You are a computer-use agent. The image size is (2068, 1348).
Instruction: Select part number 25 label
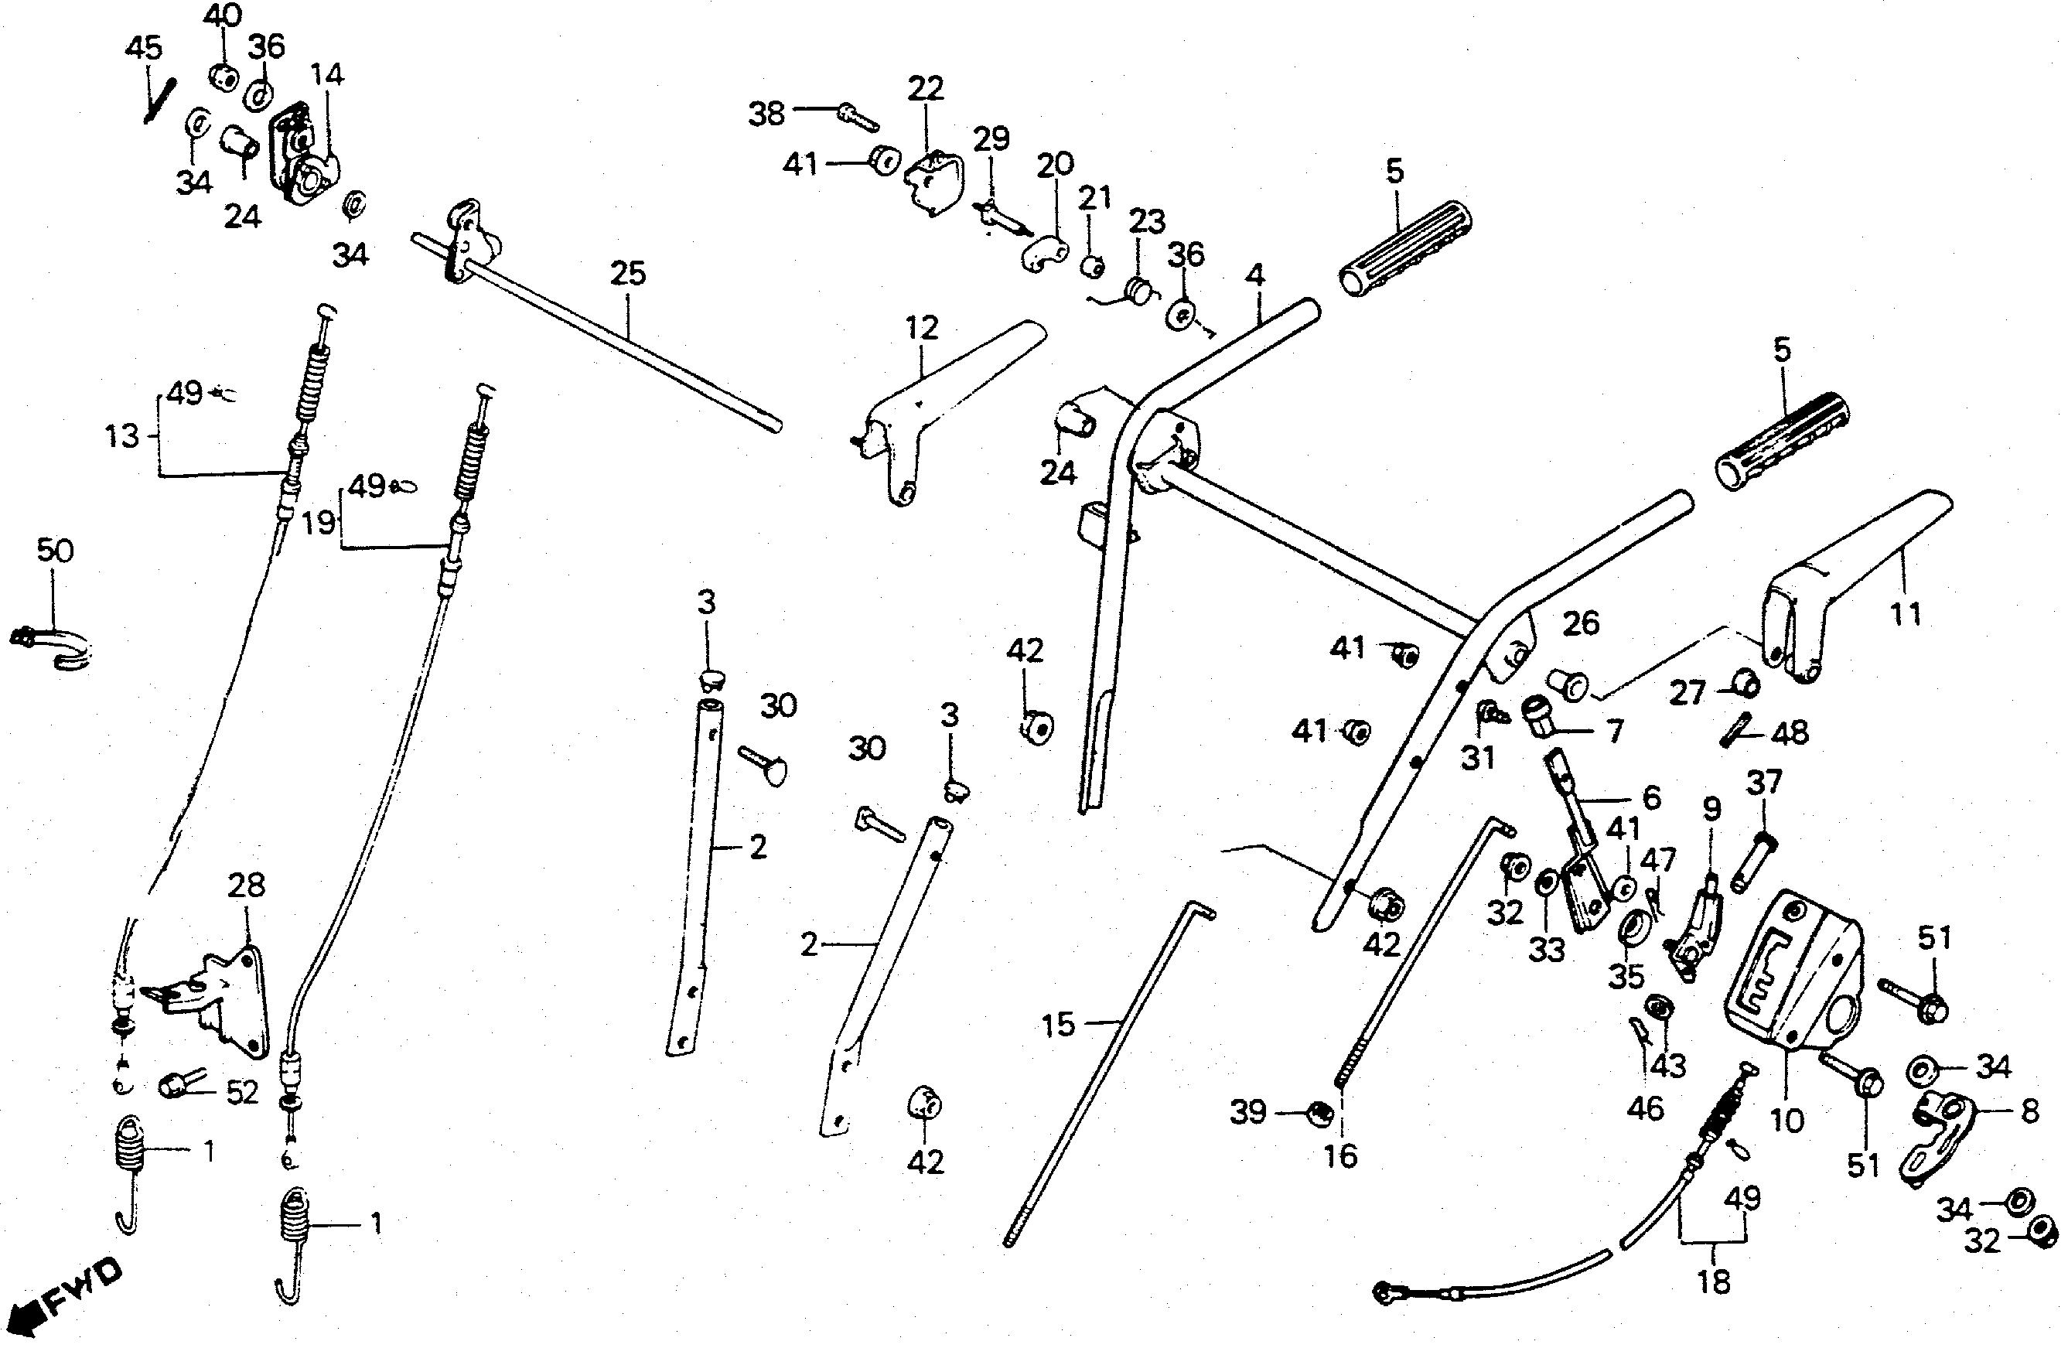(x=627, y=274)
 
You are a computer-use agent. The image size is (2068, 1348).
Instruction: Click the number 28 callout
(x=246, y=886)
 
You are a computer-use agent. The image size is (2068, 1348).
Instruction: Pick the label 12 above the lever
(x=921, y=328)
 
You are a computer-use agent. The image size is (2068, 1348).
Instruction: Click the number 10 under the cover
(x=1786, y=1121)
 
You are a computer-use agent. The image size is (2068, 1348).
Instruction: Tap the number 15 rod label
(x=1058, y=1026)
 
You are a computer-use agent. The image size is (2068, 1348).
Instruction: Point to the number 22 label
(x=926, y=88)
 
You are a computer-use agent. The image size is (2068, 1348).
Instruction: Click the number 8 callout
(x=2030, y=1111)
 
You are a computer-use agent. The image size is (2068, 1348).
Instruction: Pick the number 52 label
(x=241, y=1093)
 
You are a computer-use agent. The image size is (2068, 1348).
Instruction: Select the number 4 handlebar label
(x=1254, y=275)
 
